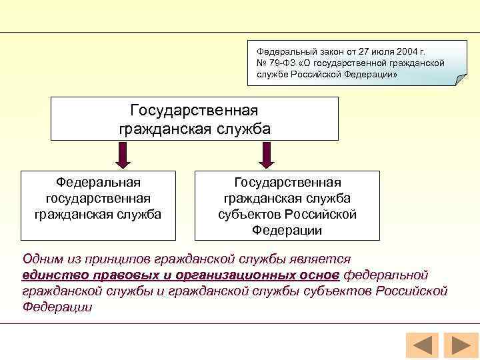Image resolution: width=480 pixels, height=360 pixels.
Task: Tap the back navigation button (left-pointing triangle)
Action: (x=421, y=345)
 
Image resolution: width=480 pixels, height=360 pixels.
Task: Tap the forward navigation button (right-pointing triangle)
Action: (x=461, y=345)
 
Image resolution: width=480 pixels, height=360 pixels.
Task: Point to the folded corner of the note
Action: (x=461, y=80)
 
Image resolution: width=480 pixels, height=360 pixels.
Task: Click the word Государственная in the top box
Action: (x=194, y=109)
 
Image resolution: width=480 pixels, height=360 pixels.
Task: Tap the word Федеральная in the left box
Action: (x=98, y=182)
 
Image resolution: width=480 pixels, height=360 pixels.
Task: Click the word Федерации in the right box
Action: (x=287, y=230)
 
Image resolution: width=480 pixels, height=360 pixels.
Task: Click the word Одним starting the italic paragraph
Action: (x=41, y=259)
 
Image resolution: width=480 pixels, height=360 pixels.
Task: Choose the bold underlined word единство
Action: (x=49, y=275)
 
